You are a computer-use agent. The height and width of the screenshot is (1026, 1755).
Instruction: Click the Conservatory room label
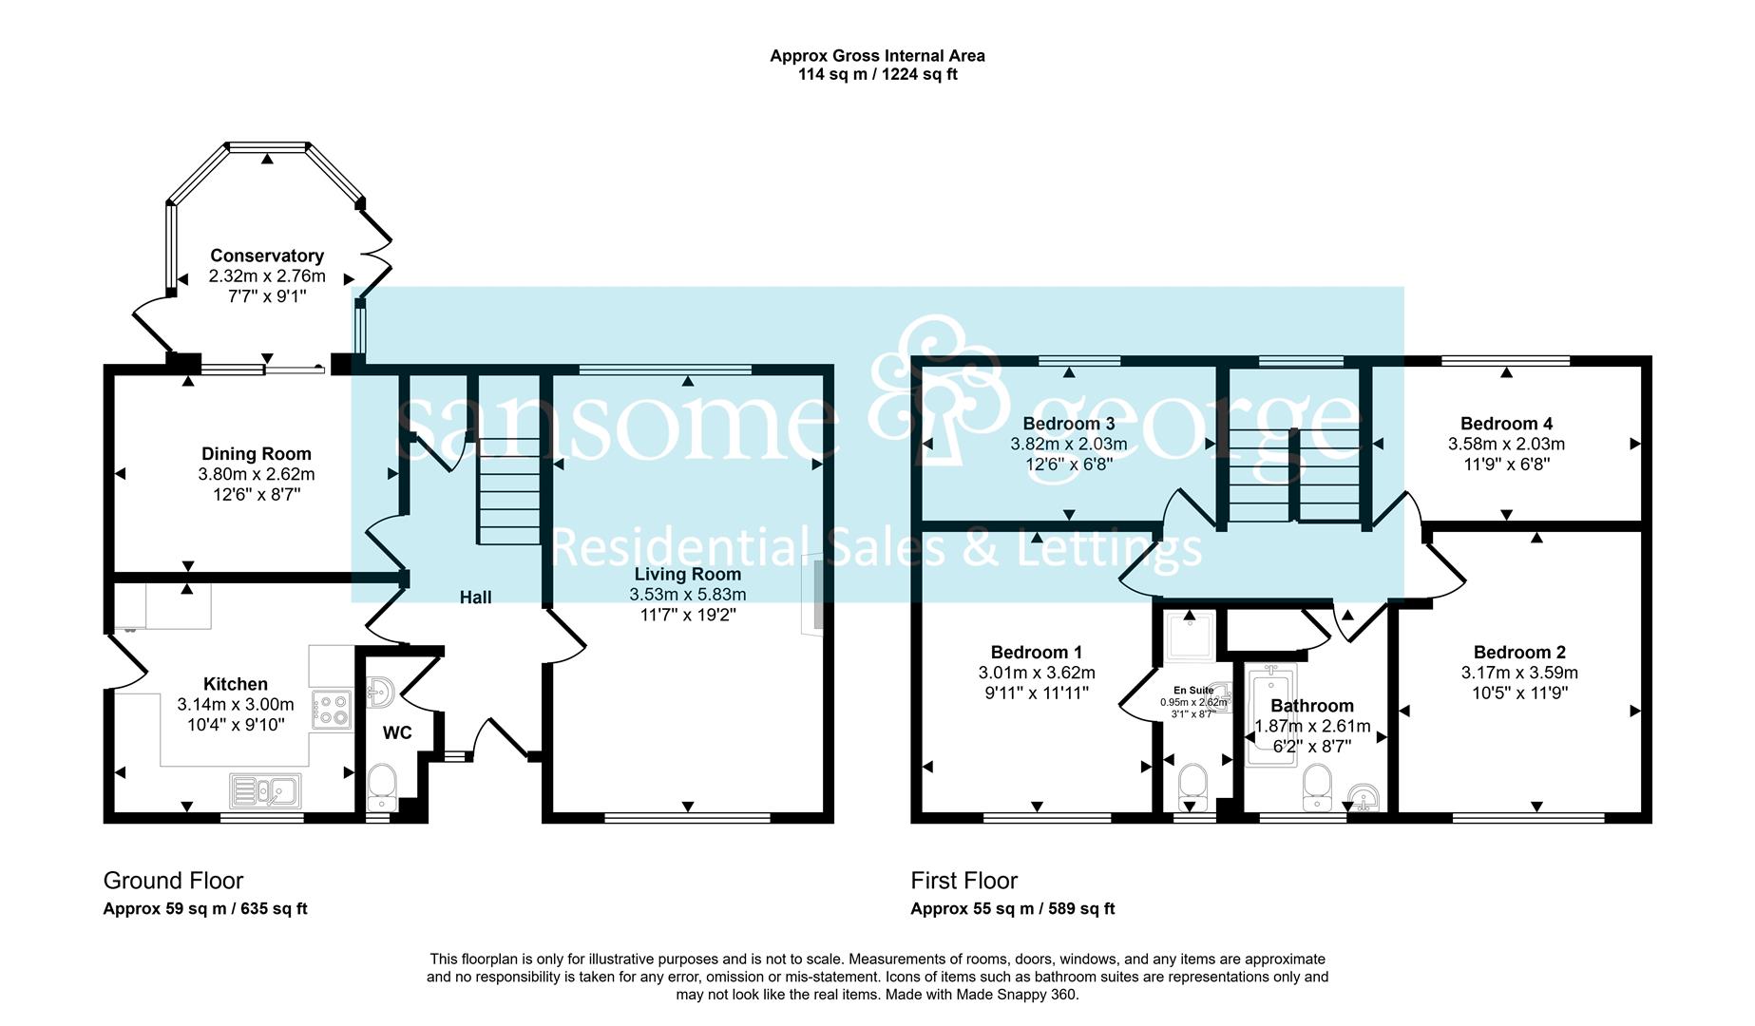coord(267,256)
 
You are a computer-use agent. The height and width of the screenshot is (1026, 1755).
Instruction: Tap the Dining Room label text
coord(256,454)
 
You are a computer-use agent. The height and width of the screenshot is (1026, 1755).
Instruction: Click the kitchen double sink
coord(265,790)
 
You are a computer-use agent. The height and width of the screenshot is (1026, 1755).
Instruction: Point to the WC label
coord(397,732)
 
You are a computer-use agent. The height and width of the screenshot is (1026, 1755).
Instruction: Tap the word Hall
coord(476,597)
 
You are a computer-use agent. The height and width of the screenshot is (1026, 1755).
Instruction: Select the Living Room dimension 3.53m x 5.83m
coord(688,595)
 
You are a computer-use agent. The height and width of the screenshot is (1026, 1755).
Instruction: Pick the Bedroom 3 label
coord(1069,424)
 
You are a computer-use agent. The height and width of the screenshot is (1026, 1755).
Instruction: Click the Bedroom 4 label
coord(1506,424)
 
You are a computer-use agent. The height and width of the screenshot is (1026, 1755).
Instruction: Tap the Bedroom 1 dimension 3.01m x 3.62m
coord(1037,673)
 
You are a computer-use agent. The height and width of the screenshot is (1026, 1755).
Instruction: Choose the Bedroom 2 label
coord(1519,652)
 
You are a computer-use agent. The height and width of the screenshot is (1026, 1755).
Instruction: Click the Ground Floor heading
coord(173,881)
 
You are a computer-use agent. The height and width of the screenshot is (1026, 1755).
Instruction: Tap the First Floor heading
coord(964,881)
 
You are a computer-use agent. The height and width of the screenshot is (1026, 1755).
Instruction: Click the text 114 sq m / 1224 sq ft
coord(877,74)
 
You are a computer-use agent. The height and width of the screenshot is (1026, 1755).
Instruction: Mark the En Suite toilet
coord(1192,785)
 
